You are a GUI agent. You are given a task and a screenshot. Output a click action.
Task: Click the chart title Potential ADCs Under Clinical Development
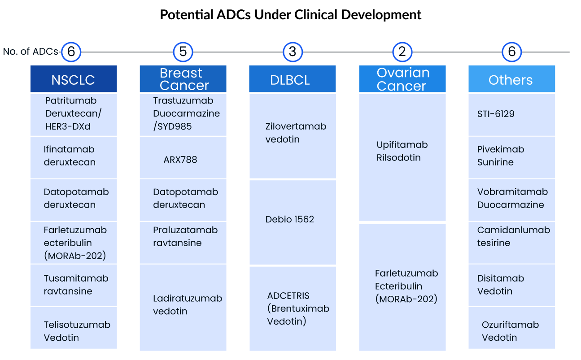pyautogui.click(x=291, y=15)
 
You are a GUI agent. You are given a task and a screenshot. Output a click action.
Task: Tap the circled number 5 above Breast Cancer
pyautogui.click(x=183, y=52)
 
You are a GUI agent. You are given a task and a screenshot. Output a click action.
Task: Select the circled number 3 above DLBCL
pyautogui.click(x=293, y=52)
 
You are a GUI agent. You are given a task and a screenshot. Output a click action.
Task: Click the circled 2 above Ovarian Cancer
pyautogui.click(x=402, y=52)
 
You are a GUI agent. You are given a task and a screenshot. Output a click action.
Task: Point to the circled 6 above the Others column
pyautogui.click(x=511, y=52)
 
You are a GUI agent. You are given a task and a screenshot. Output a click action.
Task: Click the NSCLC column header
pyautogui.click(x=74, y=79)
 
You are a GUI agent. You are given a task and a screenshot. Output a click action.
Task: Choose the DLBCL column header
pyautogui.click(x=293, y=79)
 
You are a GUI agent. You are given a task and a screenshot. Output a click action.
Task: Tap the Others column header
pyautogui.click(x=511, y=79)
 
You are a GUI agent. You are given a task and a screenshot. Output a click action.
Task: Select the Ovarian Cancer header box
pyautogui.click(x=402, y=79)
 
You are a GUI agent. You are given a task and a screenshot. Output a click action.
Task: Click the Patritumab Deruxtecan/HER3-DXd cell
pyautogui.click(x=74, y=114)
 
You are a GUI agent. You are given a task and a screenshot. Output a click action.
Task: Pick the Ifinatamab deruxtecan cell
pyautogui.click(x=74, y=156)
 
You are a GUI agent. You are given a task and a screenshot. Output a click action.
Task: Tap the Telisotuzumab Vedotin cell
pyautogui.click(x=74, y=328)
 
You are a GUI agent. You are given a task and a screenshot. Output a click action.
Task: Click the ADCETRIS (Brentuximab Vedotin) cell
pyautogui.click(x=293, y=308)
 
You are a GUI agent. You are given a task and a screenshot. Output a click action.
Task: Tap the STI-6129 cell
pyautogui.click(x=511, y=114)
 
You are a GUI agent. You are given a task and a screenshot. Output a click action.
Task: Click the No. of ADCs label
pyautogui.click(x=31, y=52)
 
